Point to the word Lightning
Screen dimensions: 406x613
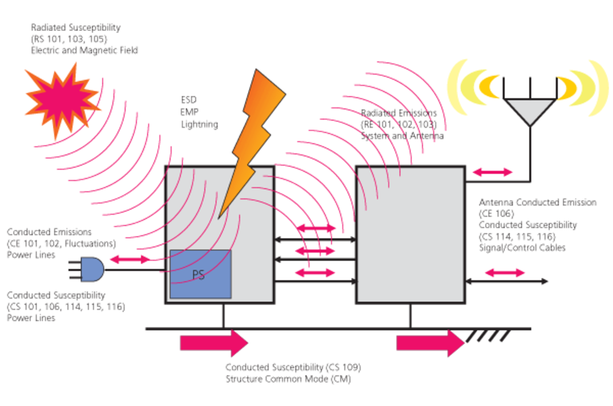tap(200, 124)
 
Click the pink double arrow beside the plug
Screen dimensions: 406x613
tap(130, 259)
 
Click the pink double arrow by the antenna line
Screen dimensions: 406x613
tap(493, 172)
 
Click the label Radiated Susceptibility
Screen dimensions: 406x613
tap(76, 27)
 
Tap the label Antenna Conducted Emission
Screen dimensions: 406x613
tap(538, 202)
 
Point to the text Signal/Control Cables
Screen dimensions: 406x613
tap(522, 248)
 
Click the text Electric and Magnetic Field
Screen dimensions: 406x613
tap(84, 51)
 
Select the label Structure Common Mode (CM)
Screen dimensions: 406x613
tap(288, 379)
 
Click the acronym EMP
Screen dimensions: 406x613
tap(189, 112)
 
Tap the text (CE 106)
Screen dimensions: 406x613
tap(496, 214)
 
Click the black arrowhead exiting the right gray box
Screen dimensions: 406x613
tap(544, 281)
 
